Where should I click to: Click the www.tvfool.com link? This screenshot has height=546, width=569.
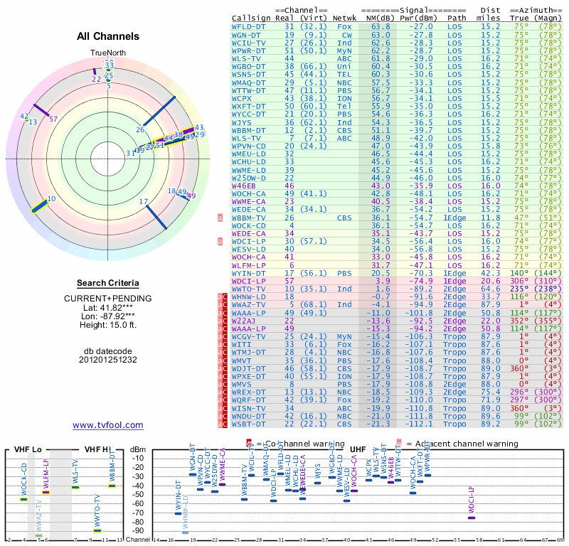108,425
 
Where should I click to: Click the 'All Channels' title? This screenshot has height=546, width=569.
108,36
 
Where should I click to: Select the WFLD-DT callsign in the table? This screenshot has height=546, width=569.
248,26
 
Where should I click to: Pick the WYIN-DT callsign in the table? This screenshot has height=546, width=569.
248,272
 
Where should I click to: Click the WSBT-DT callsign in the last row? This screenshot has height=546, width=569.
248,424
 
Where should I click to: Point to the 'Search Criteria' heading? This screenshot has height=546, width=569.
108,283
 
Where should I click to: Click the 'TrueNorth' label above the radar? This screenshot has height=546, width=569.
108,53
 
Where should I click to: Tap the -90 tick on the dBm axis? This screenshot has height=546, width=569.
137,530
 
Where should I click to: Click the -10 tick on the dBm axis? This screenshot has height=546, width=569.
137,458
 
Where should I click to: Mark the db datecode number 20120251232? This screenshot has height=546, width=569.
108,360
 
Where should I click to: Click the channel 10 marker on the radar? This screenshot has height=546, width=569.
50,199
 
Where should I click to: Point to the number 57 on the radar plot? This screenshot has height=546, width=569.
53,119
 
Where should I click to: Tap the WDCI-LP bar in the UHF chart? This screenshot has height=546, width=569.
472,518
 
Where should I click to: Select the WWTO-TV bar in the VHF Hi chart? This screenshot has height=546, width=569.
97,530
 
